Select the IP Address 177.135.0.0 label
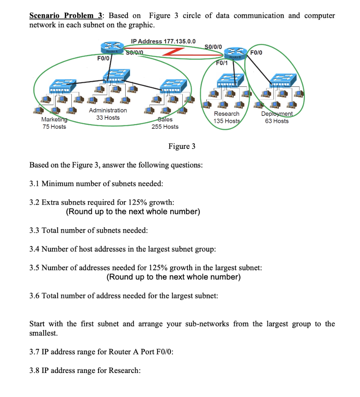coord(163,41)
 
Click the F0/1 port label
coord(222,63)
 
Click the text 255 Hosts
coord(165,127)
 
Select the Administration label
coord(108,110)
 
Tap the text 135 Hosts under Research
coord(226,121)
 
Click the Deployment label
coord(277,114)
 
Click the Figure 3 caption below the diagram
coord(182,146)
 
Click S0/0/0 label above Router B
coord(213,47)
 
